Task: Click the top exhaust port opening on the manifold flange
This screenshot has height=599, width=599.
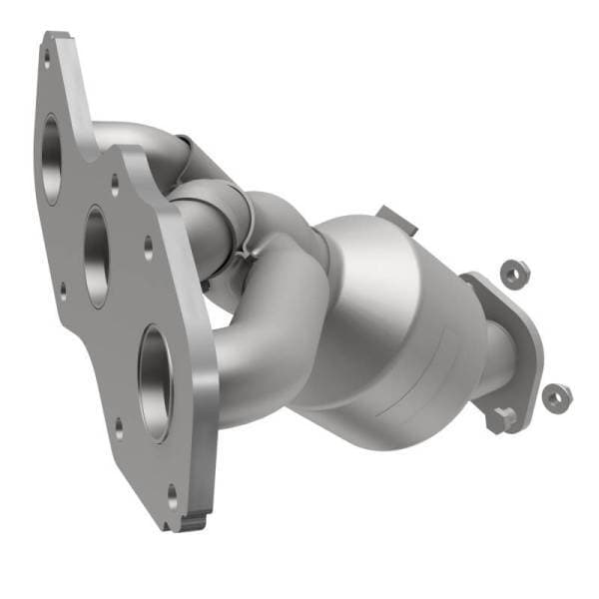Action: point(51,160)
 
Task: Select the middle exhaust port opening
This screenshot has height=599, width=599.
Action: point(98,256)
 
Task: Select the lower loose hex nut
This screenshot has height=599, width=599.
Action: point(555,396)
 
